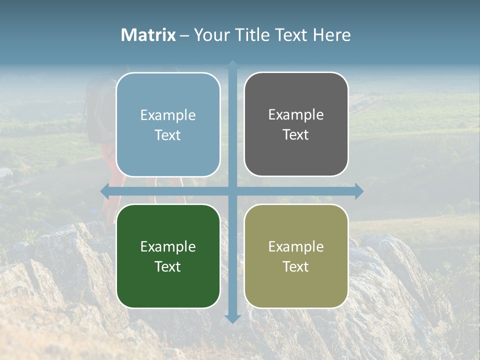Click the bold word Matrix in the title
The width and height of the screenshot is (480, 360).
[x=148, y=35]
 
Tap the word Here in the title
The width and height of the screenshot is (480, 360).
[x=331, y=35]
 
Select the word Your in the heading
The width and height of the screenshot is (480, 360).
[x=210, y=35]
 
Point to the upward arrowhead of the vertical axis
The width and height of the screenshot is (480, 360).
[x=232, y=65]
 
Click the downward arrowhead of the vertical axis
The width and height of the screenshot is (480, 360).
[x=232, y=318]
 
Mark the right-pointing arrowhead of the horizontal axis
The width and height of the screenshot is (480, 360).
[x=359, y=191]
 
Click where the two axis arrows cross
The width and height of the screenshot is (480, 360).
[x=232, y=191]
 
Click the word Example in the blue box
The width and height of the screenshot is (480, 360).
[x=168, y=115]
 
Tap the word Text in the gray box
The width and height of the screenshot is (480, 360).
[x=296, y=135]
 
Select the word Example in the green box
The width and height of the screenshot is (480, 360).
[x=168, y=247]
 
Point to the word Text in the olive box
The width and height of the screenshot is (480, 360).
[x=296, y=266]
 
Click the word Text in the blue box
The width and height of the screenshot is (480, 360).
[x=168, y=135]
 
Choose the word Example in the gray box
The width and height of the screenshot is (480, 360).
[x=296, y=115]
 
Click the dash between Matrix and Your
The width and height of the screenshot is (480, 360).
[x=184, y=35]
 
